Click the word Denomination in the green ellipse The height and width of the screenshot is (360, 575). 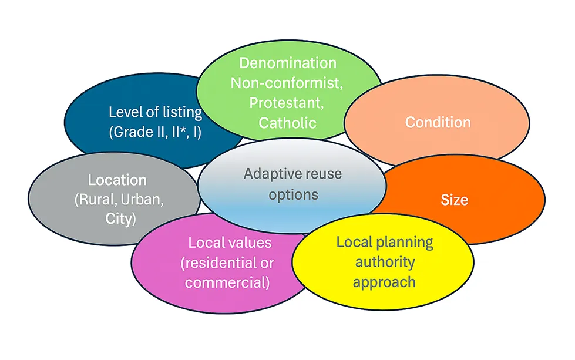(288, 63)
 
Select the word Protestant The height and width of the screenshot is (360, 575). (287, 102)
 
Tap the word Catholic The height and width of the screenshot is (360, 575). (287, 122)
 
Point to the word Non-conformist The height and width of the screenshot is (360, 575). (286, 83)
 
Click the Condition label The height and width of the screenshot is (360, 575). (438, 122)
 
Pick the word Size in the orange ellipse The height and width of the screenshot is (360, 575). (454, 199)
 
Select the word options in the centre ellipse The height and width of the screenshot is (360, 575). (293, 194)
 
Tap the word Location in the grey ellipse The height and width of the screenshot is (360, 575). (117, 180)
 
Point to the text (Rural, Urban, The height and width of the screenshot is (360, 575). (119, 199)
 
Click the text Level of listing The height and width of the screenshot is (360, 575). (155, 112)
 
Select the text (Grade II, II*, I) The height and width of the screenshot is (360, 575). (155, 132)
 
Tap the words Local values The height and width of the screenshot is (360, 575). (230, 242)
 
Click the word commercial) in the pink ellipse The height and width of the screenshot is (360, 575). (227, 282)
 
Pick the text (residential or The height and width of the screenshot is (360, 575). (227, 262)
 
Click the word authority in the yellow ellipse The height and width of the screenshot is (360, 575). (384, 261)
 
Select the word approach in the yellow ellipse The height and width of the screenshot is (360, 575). (384, 281)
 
